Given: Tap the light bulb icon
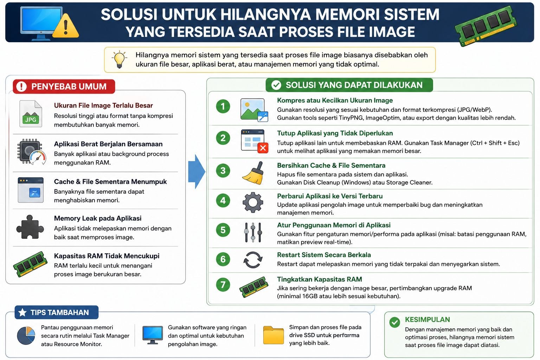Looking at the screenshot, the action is (119, 59).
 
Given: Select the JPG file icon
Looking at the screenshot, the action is (31, 114).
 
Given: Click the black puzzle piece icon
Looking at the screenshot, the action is (30, 227).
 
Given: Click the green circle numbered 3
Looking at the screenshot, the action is (223, 171).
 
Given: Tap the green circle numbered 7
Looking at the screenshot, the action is (223, 284).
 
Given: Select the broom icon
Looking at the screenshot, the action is (253, 173).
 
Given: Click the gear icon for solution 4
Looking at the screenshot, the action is (253, 202).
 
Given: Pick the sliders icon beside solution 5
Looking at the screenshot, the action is (253, 232).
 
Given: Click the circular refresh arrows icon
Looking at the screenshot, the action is (253, 260).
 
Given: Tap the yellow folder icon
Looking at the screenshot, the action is (274, 335).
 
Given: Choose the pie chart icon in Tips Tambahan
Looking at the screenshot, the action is (26, 336).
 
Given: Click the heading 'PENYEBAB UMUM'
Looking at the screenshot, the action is (69, 86).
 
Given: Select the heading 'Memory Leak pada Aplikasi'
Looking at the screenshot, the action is (98, 218).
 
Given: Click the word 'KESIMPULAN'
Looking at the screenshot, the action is (427, 320).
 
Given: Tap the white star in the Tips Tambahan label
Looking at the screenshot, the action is (22, 312).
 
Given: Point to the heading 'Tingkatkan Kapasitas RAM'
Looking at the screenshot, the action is (320, 279).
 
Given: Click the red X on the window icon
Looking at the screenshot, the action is (263, 148).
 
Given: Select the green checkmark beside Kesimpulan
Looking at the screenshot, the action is (395, 322).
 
